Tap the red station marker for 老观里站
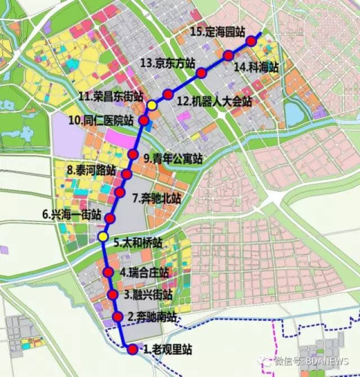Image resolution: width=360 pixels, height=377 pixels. point(133,349)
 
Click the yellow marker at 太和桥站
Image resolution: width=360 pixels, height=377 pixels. point(103,238)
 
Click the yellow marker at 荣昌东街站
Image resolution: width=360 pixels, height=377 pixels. point(153,105)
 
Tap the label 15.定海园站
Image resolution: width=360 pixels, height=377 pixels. point(218,32)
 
